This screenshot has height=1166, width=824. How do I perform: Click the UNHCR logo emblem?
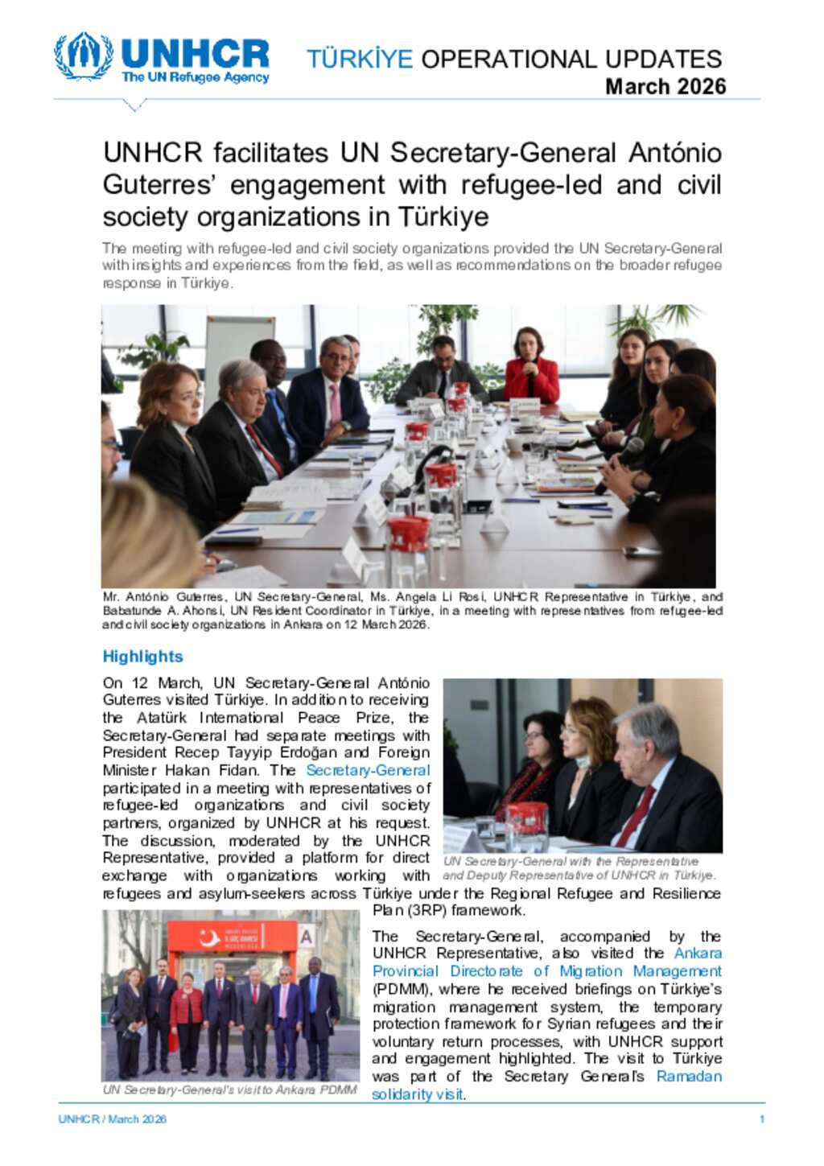click(x=84, y=56)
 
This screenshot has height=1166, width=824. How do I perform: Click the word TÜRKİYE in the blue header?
click(x=359, y=59)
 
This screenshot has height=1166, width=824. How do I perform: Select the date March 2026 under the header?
click(x=665, y=86)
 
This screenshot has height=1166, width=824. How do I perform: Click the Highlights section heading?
click(x=142, y=657)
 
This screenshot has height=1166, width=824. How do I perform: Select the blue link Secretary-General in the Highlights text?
click(x=368, y=770)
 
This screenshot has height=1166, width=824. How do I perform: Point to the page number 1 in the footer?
click(x=761, y=1119)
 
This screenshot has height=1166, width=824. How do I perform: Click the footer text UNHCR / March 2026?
click(x=112, y=1119)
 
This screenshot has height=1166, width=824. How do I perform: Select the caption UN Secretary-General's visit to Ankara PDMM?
click(x=230, y=1090)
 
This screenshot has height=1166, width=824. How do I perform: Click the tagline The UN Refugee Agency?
click(x=195, y=78)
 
